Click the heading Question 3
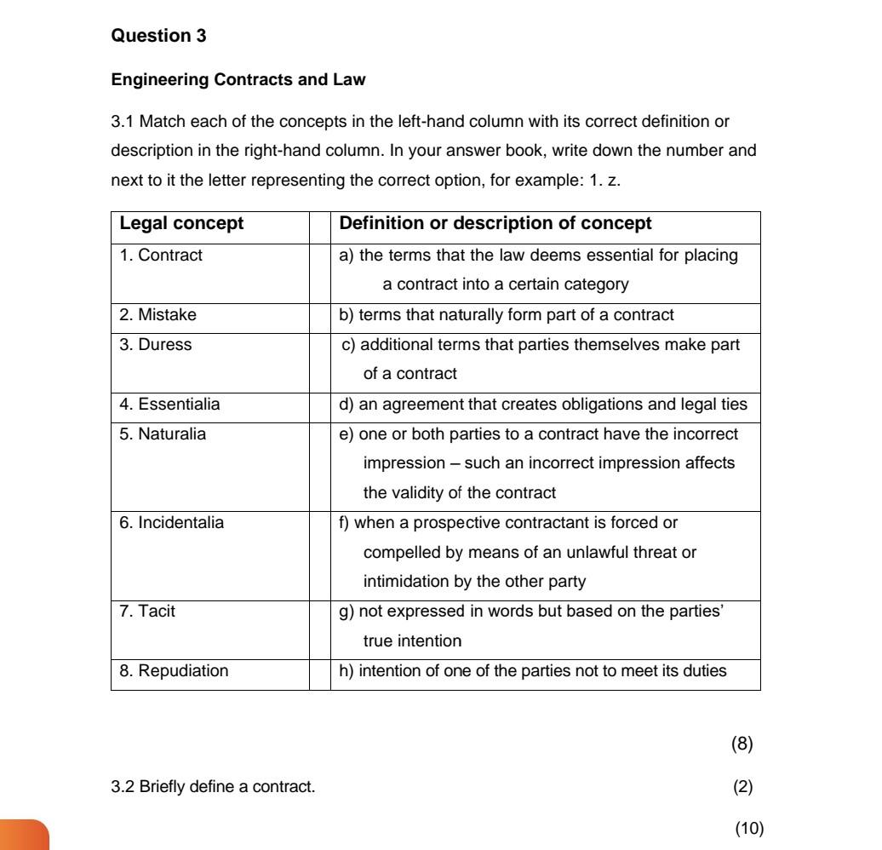(x=158, y=36)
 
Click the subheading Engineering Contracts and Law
(x=238, y=80)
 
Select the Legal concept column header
(x=181, y=224)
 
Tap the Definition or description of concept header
(x=495, y=224)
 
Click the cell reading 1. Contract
(x=161, y=255)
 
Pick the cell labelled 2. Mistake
(x=157, y=314)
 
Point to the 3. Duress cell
(x=156, y=345)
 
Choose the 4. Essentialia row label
(x=169, y=405)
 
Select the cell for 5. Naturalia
(x=163, y=434)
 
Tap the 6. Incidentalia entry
(x=171, y=523)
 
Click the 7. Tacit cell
(x=147, y=611)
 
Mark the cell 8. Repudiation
(x=174, y=670)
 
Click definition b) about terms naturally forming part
(x=507, y=314)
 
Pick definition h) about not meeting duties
(x=533, y=670)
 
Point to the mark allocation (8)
(x=742, y=744)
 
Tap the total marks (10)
(x=749, y=828)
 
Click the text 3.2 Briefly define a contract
(x=213, y=786)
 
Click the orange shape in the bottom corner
(x=23, y=834)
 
